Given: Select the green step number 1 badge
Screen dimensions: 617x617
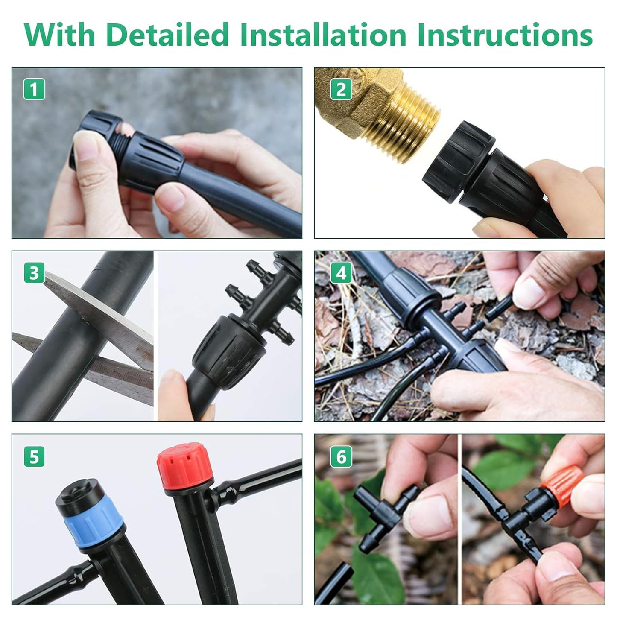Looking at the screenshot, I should click(x=34, y=90).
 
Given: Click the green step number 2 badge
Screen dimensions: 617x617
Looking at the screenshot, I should click(x=341, y=90).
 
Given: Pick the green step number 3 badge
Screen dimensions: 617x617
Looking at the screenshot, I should click(x=34, y=273).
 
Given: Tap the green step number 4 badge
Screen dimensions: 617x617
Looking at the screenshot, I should click(x=341, y=273).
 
